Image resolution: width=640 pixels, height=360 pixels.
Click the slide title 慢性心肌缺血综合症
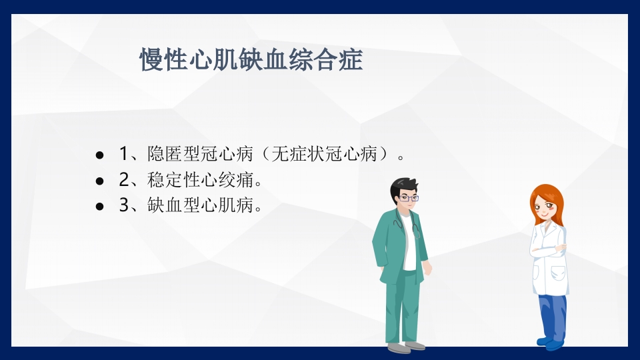pyautogui.click(x=251, y=60)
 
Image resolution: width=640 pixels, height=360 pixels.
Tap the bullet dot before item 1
pyautogui.click(x=100, y=155)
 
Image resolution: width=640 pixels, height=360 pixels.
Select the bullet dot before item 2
pyautogui.click(x=100, y=181)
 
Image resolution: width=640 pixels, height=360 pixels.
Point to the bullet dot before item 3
pyautogui.click(x=100, y=206)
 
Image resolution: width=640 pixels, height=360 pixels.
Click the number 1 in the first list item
pyautogui.click(x=123, y=155)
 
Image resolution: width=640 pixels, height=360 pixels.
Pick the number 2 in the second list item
pyautogui.click(x=123, y=180)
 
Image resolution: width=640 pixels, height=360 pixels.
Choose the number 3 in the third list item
pyautogui.click(x=123, y=205)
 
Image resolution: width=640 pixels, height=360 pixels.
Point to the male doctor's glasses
pyautogui.click(x=409, y=197)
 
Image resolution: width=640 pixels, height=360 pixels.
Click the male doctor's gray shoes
pyautogui.click(x=406, y=346)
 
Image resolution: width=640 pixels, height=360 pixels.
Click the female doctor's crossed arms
pyautogui.click(x=548, y=251)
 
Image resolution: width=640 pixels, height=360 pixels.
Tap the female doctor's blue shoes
pyautogui.click(x=551, y=343)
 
